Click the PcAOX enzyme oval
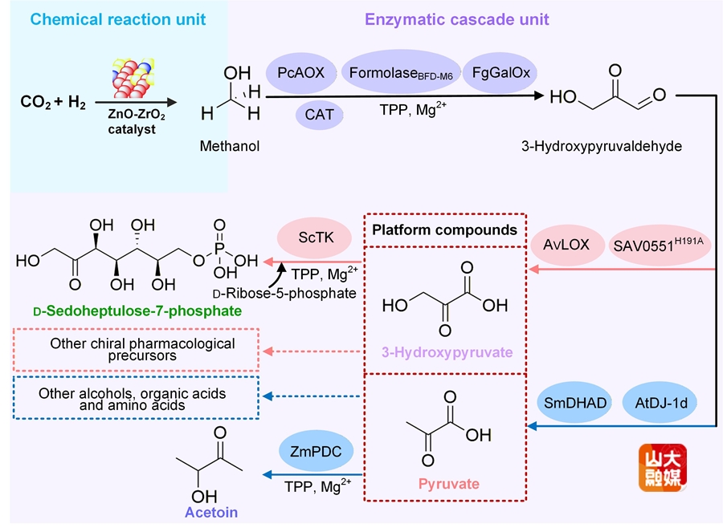tap(301, 73)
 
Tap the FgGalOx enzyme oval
tap(500, 73)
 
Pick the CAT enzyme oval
tap(319, 116)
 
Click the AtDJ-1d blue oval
tap(656, 403)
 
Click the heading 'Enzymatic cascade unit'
tap(457, 18)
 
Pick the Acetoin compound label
tap(211, 512)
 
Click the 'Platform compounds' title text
tap(444, 230)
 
